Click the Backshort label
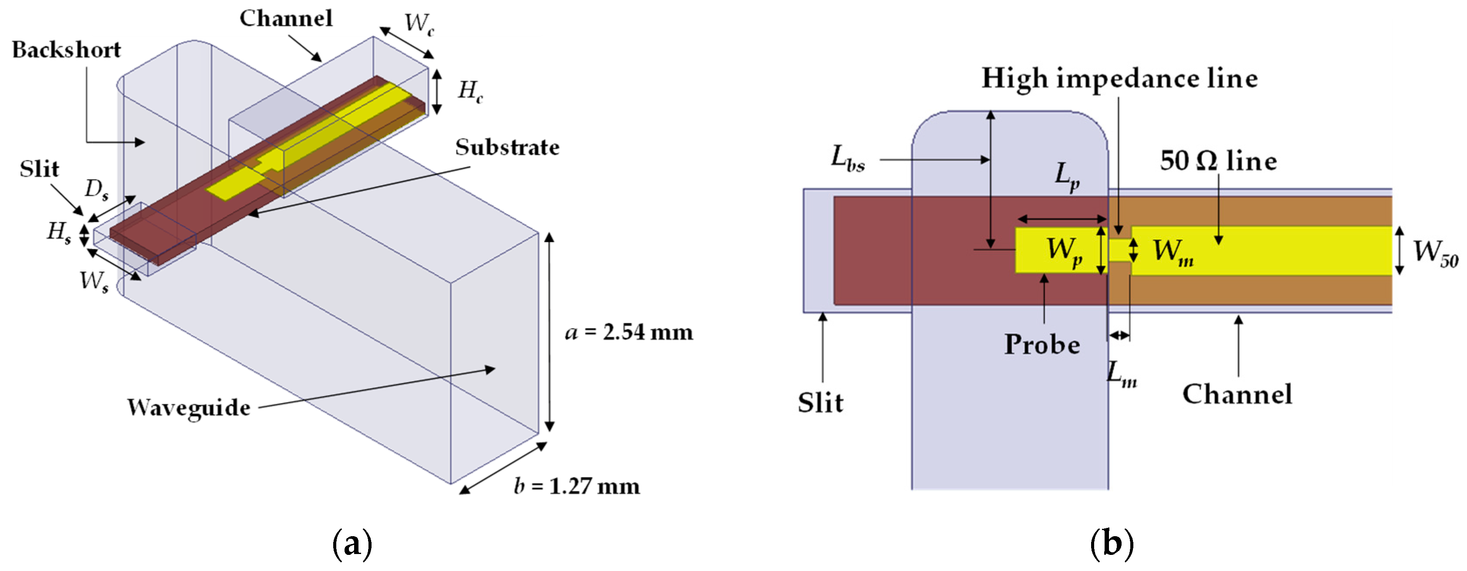tap(66, 50)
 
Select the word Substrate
tap(507, 148)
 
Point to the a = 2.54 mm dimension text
tap(629, 332)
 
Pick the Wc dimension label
tap(419, 24)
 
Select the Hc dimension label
tap(470, 91)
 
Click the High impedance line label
tap(1119, 79)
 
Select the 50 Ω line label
tap(1218, 161)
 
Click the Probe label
tap(1042, 344)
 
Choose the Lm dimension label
tap(1121, 374)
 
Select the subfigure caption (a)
tap(352, 544)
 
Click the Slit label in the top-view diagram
tap(820, 403)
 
